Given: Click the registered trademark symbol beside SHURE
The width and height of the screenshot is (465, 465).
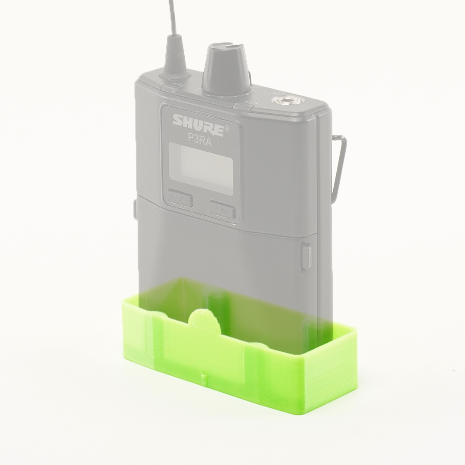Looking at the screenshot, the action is click(227, 129).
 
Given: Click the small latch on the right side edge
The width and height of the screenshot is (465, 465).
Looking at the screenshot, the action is click(306, 257).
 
